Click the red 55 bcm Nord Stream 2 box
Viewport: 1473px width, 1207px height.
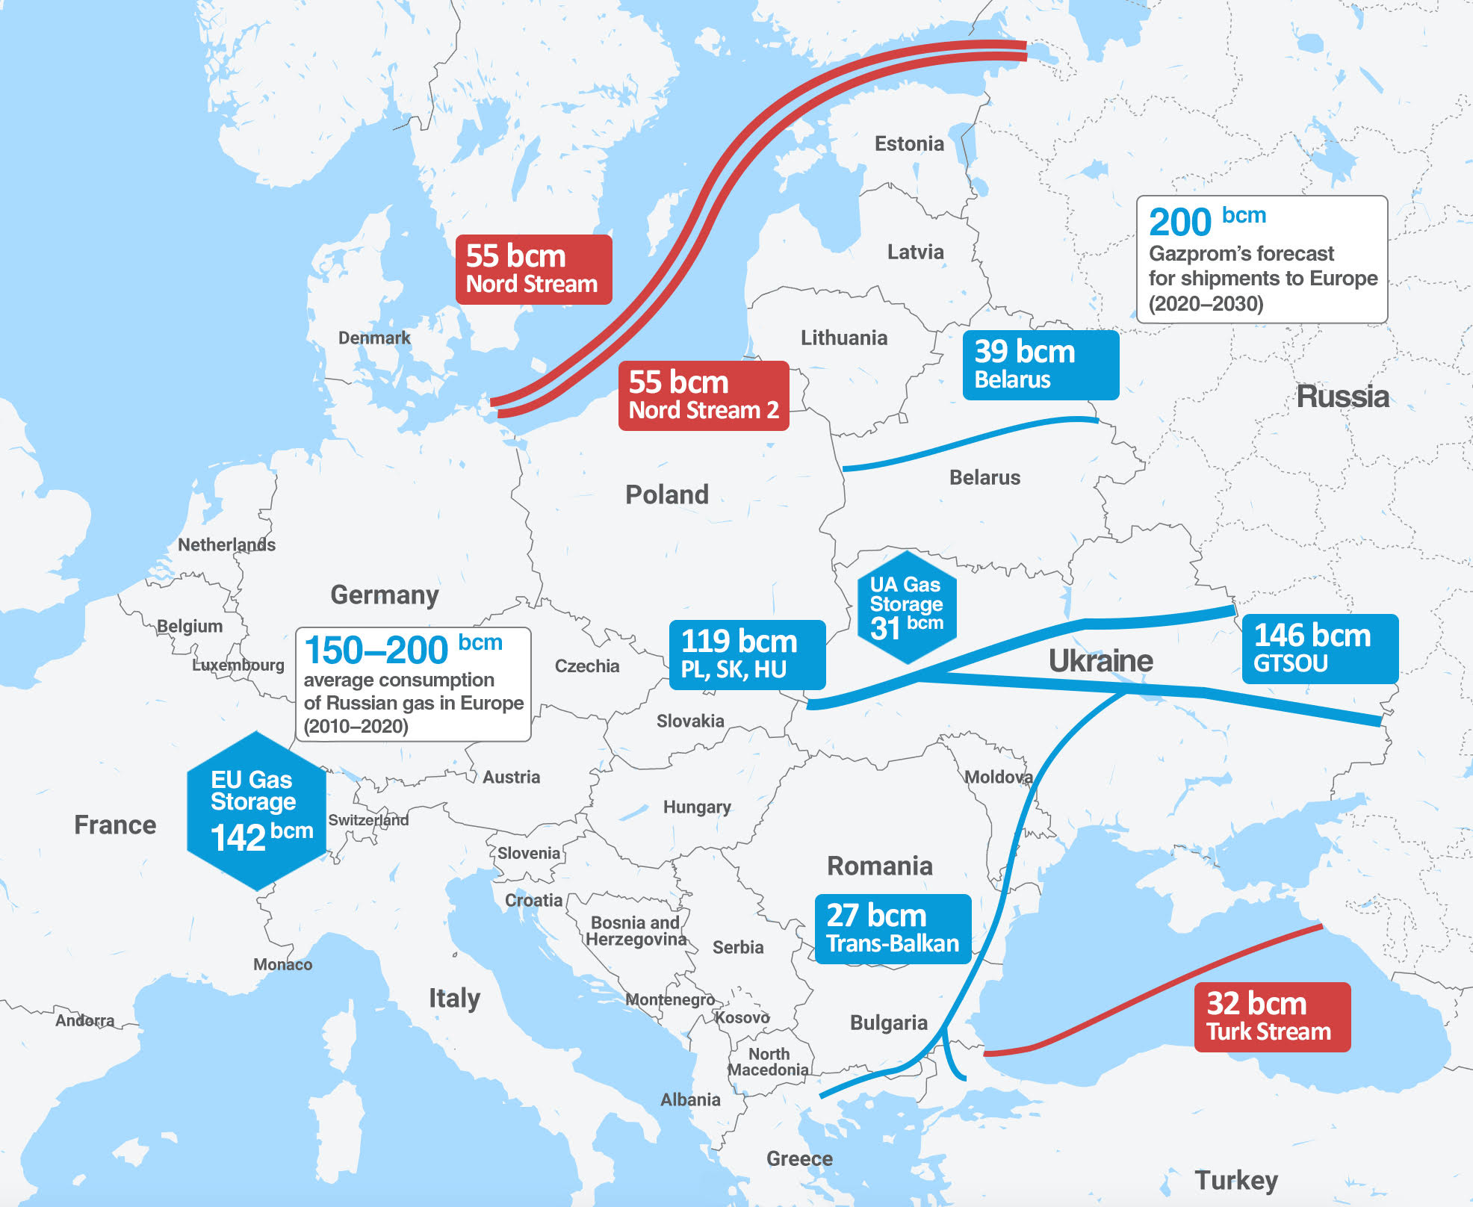703,396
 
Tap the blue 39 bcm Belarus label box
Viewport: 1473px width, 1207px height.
1040,365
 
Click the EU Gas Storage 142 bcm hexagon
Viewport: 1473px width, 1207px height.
256,811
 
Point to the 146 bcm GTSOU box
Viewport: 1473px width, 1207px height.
1319,648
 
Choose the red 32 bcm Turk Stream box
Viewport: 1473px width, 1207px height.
1271,1017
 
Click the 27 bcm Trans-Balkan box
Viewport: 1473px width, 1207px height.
892,928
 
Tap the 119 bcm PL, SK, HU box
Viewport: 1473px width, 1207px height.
746,654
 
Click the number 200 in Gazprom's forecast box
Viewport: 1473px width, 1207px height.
1179,222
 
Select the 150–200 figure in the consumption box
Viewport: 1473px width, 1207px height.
376,650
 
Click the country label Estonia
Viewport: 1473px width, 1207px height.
909,143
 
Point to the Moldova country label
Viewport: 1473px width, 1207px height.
998,777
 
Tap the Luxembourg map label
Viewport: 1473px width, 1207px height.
238,665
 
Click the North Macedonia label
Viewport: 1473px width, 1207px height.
769,1061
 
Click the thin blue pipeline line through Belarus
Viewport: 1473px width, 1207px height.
971,441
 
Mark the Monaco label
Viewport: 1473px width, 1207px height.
282,964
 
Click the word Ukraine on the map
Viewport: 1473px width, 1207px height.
1100,661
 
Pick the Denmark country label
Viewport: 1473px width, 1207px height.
373,338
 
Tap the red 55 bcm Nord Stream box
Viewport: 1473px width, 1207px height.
533,270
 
